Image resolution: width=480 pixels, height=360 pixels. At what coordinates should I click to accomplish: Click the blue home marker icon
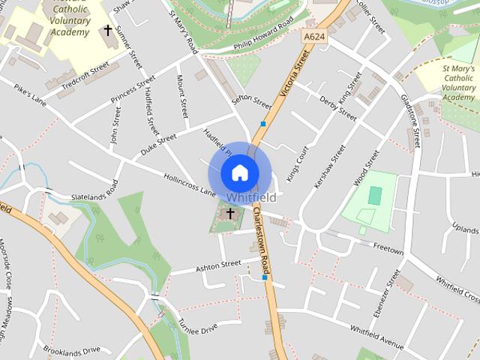(239, 172)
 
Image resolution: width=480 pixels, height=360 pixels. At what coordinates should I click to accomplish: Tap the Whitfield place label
(250, 198)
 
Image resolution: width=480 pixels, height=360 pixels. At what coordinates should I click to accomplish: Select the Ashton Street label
(217, 265)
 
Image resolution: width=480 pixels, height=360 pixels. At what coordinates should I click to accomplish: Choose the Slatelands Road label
(94, 193)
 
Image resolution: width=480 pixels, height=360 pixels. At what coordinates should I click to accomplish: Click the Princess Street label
(133, 89)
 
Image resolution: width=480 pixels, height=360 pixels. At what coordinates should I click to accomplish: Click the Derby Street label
(337, 107)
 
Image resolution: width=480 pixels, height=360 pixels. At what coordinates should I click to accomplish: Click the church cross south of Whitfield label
(230, 214)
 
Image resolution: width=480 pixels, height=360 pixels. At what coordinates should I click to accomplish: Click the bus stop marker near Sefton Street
(262, 124)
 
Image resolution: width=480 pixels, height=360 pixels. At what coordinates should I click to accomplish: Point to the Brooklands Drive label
(71, 350)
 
